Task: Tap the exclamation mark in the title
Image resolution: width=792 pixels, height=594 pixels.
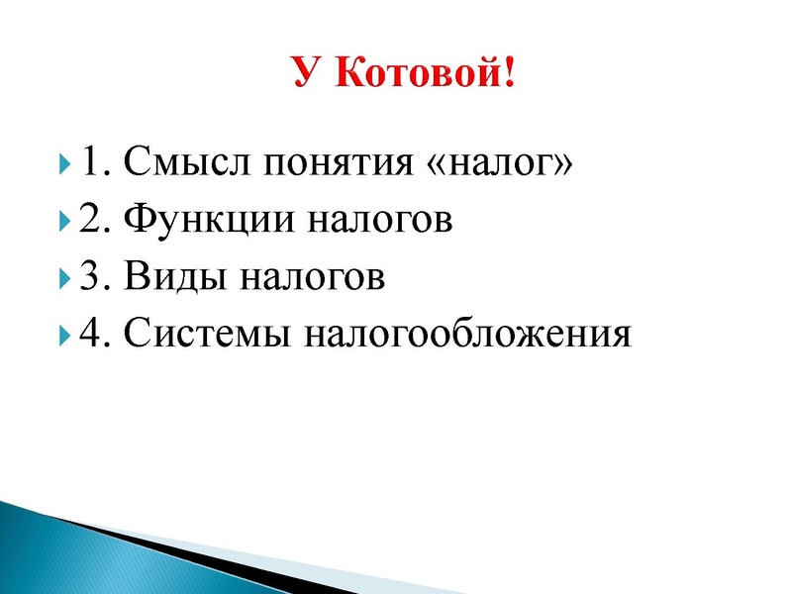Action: [509, 72]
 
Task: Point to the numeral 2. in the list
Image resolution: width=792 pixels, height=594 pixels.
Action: [95, 219]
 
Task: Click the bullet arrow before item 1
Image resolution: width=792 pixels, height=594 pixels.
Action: [64, 161]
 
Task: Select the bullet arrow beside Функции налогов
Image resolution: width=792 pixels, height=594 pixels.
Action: [64, 219]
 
